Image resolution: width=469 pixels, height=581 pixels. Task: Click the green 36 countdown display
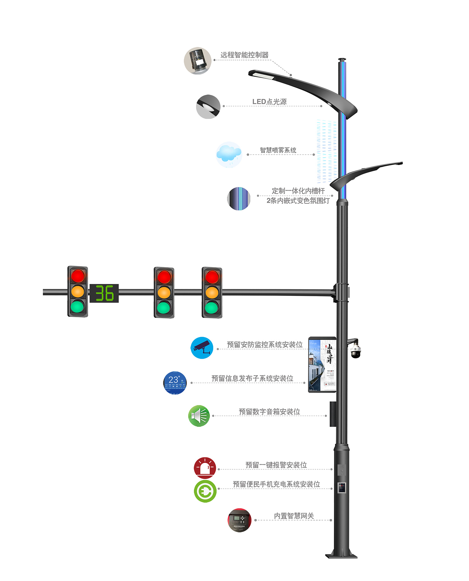pyautogui.click(x=104, y=293)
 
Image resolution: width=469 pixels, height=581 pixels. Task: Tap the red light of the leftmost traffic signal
pyautogui.click(x=78, y=276)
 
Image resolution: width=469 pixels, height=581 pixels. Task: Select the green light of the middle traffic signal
pyautogui.click(x=164, y=307)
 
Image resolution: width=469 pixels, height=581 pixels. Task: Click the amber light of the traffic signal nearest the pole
pyautogui.click(x=212, y=292)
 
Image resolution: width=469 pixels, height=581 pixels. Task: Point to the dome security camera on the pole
pyautogui.click(x=355, y=351)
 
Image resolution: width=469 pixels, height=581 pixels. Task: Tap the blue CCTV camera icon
pyautogui.click(x=202, y=348)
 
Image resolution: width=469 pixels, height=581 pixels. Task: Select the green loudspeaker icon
pyautogui.click(x=199, y=416)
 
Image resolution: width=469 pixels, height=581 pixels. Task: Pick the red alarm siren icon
pyautogui.click(x=205, y=468)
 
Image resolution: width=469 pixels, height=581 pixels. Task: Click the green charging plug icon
pyautogui.click(x=205, y=491)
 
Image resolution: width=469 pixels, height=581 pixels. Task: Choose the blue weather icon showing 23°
pyautogui.click(x=175, y=383)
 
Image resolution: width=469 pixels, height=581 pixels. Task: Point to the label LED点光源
pyautogui.click(x=269, y=102)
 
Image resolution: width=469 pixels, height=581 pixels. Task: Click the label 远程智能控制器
pyautogui.click(x=244, y=55)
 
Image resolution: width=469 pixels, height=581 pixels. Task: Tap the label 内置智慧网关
pyautogui.click(x=294, y=516)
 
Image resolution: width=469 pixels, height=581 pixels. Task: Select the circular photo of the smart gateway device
pyautogui.click(x=239, y=520)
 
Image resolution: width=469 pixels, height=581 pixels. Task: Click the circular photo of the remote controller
pyautogui.click(x=198, y=61)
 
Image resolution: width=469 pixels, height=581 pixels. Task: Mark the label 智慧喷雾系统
pyautogui.click(x=278, y=150)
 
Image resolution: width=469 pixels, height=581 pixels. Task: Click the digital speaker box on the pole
pyautogui.click(x=333, y=414)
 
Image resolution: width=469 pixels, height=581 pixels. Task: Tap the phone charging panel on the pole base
pyautogui.click(x=342, y=488)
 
